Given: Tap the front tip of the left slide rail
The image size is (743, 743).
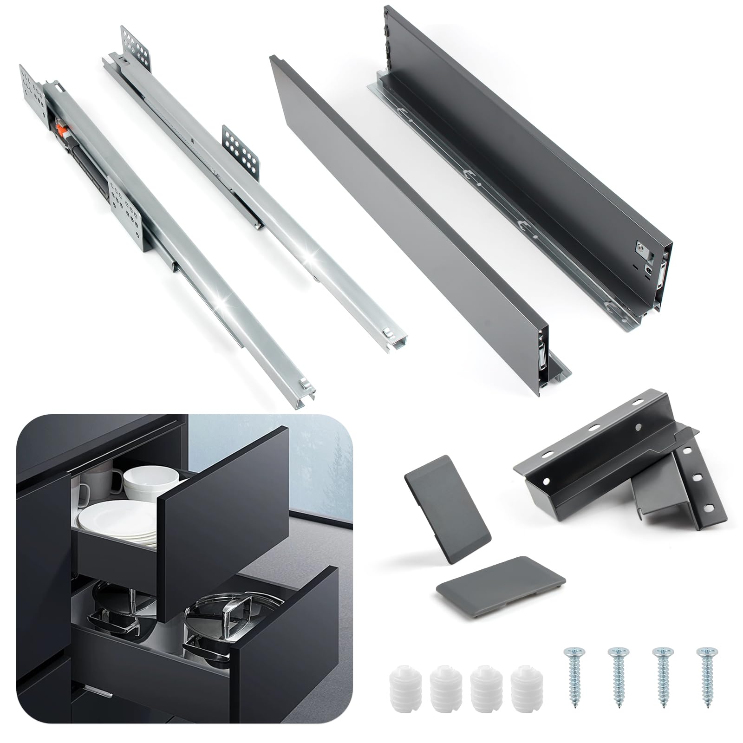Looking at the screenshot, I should coord(297,399).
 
